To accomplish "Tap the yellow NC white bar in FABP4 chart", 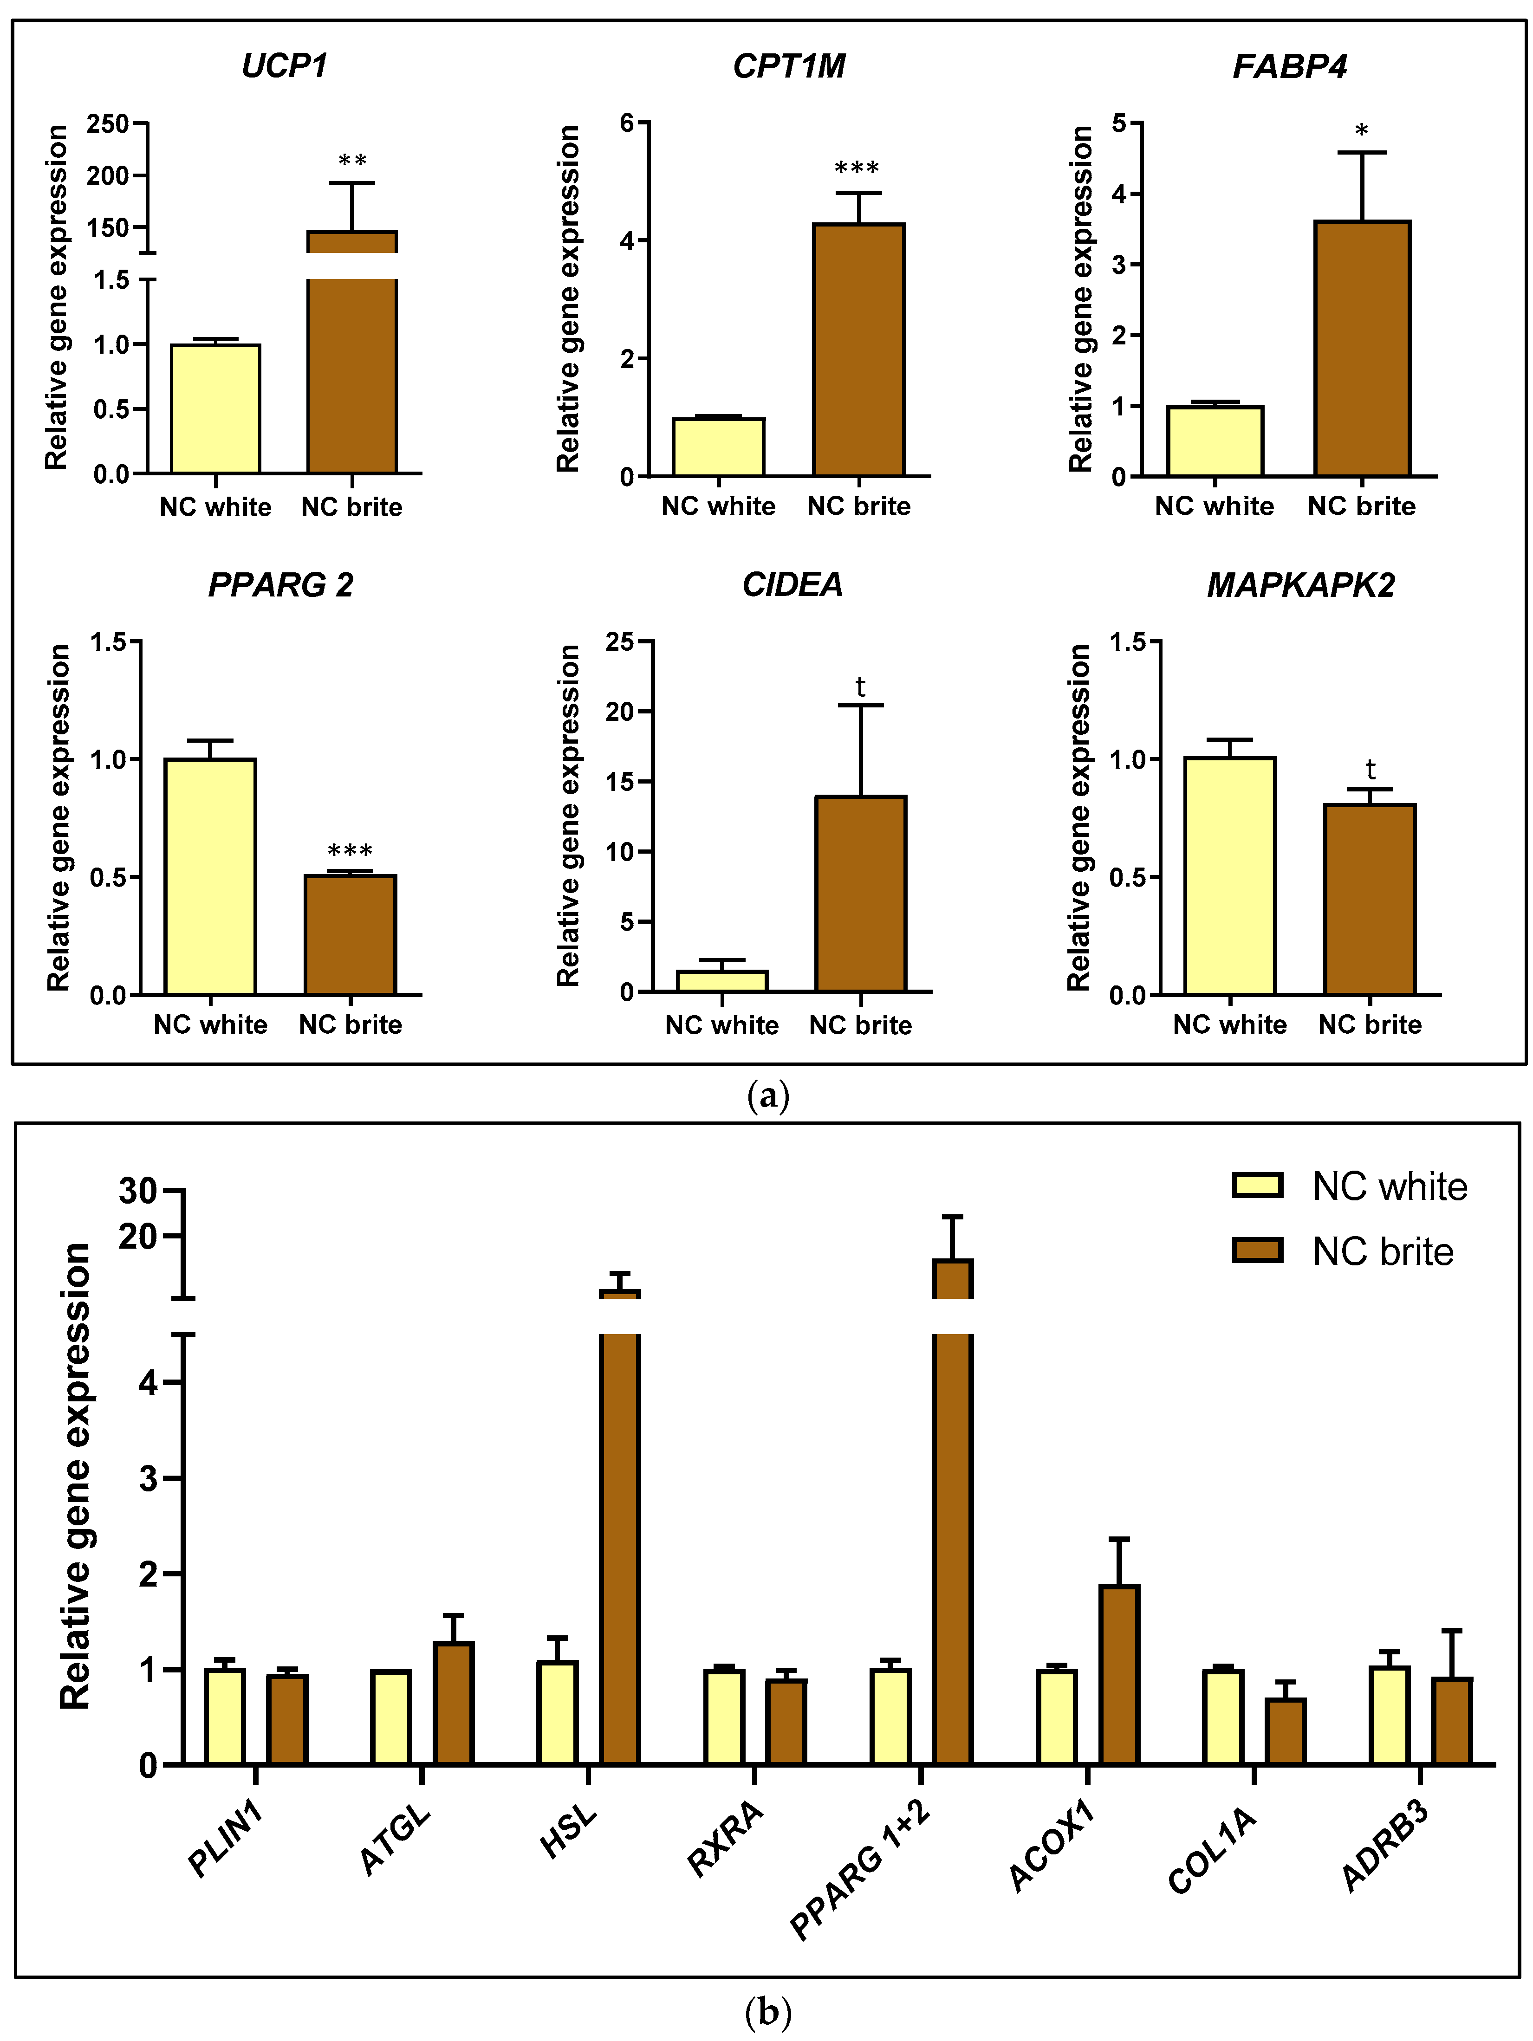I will pos(1215,441).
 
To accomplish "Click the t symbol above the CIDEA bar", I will pos(860,687).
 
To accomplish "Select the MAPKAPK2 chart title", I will pos(1300,585).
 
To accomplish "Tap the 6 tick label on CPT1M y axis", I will pos(628,123).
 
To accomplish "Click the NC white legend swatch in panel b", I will pos(1257,1186).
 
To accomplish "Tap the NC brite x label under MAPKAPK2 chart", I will pos(1370,1024).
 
